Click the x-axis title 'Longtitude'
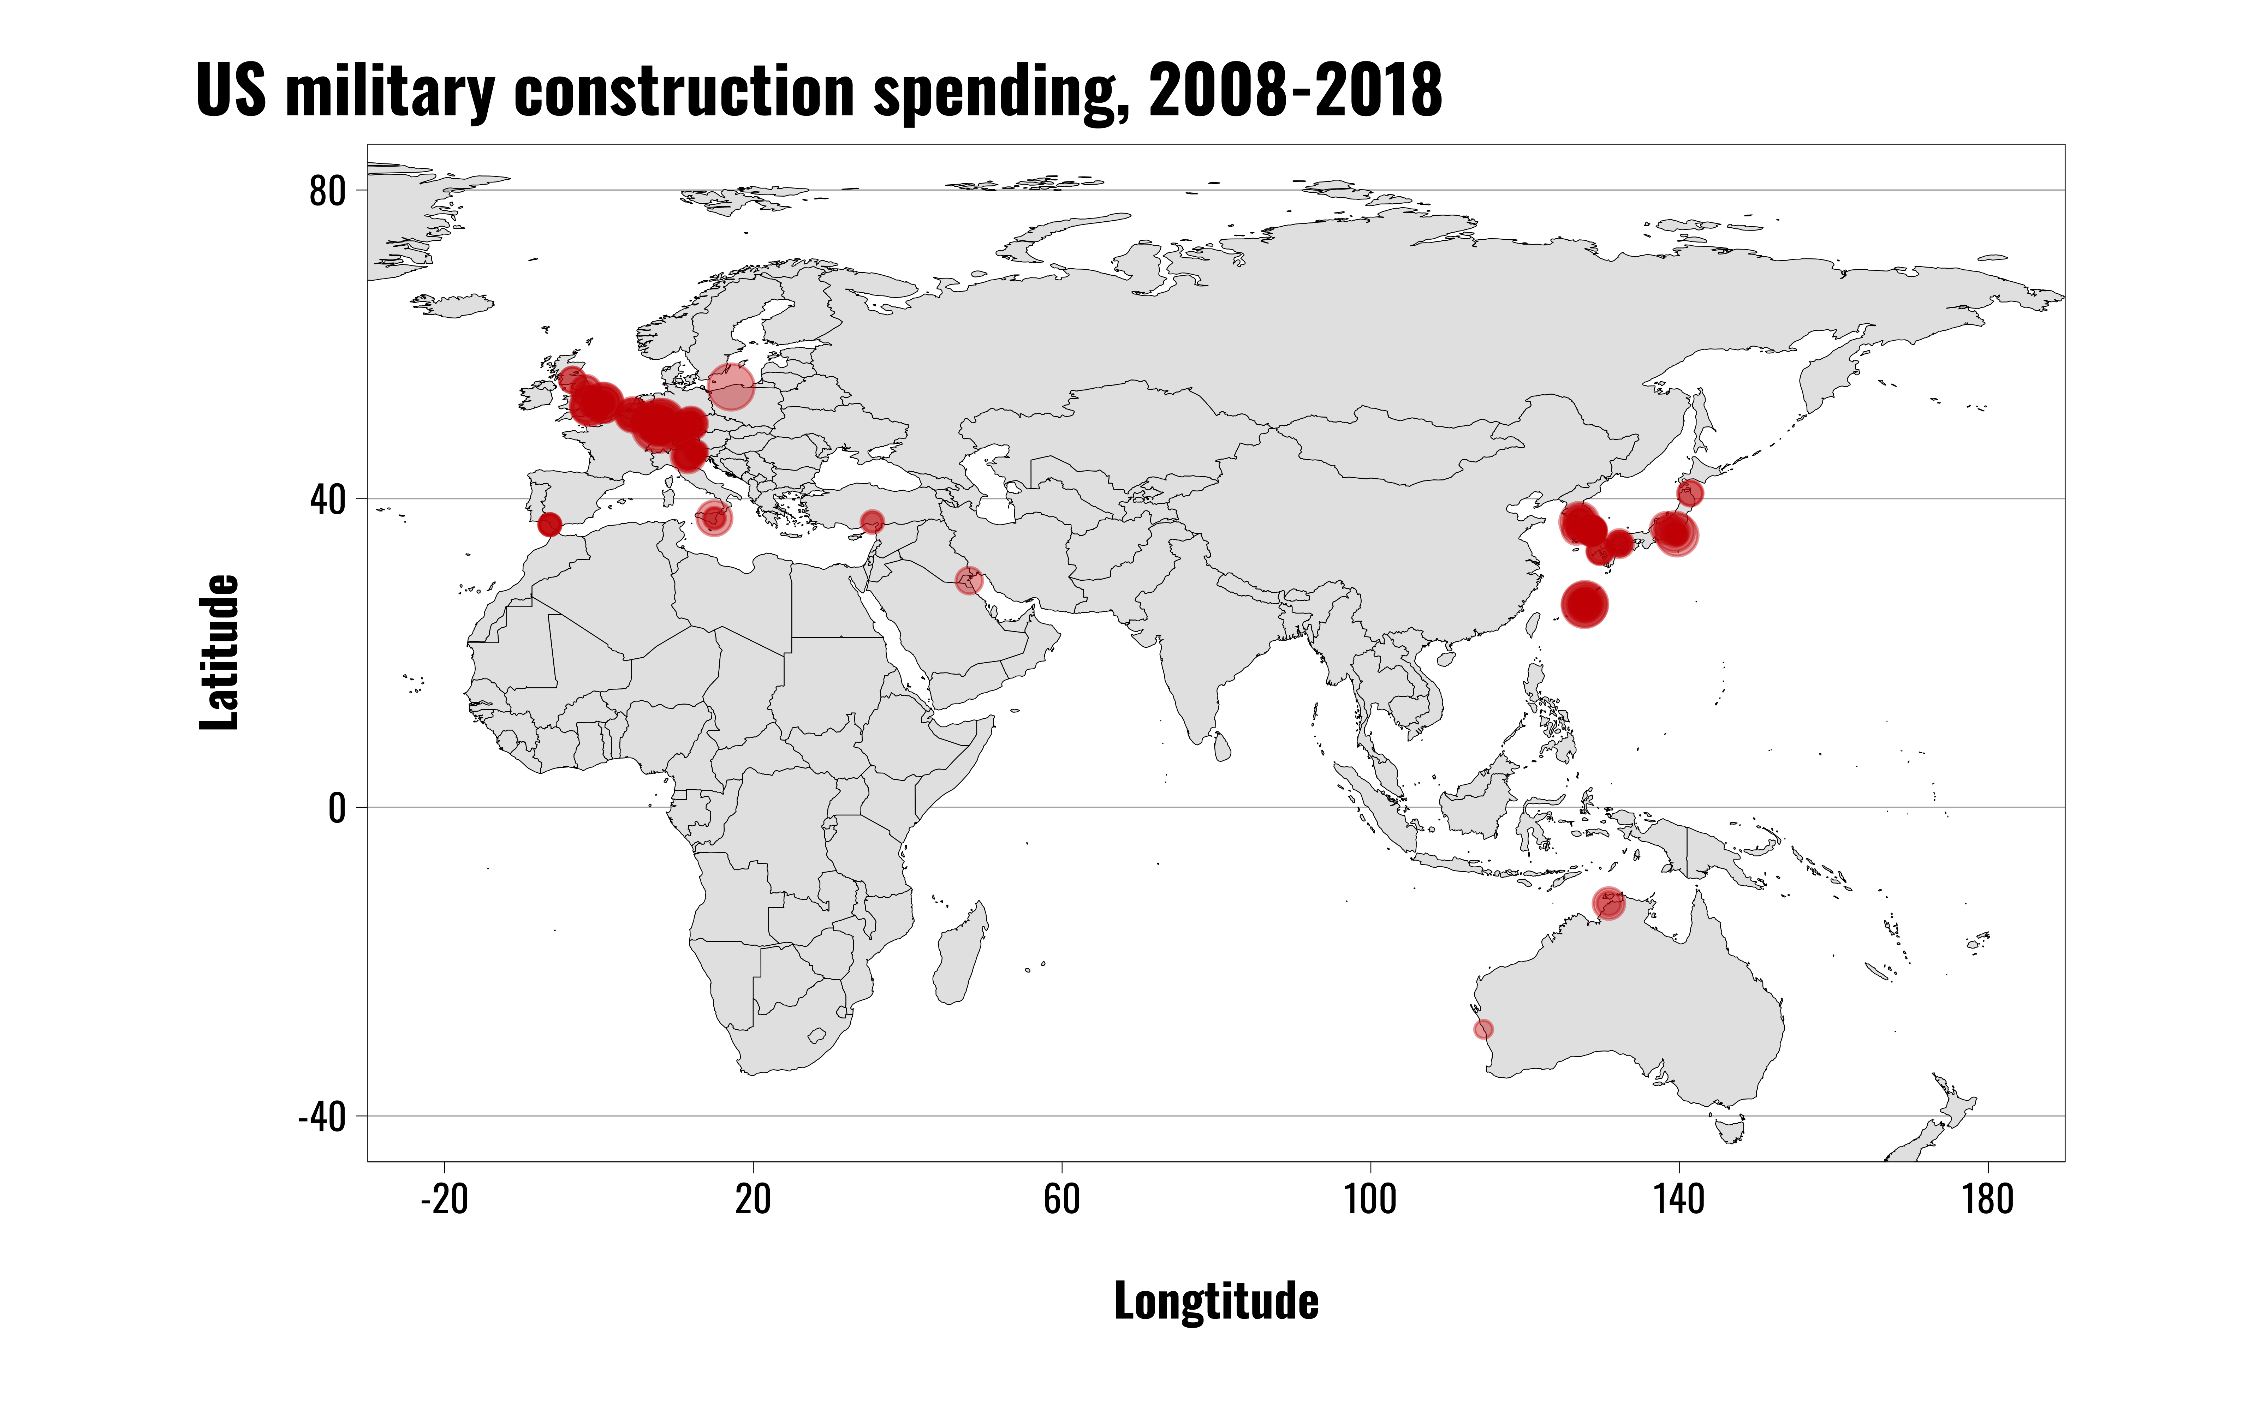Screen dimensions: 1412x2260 1216,1301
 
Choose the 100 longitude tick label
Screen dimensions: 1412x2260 1370,1198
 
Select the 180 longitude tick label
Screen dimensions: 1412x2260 1987,1198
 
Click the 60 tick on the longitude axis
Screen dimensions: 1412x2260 1062,1198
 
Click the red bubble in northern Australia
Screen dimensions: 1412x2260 1608,903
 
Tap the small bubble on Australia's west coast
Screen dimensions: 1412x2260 1483,1029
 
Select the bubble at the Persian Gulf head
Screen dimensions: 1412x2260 968,581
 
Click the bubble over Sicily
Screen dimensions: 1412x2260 713,518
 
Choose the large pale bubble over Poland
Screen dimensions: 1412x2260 730,387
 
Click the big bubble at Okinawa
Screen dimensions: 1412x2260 1584,605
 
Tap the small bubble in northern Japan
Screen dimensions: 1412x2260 1689,493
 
